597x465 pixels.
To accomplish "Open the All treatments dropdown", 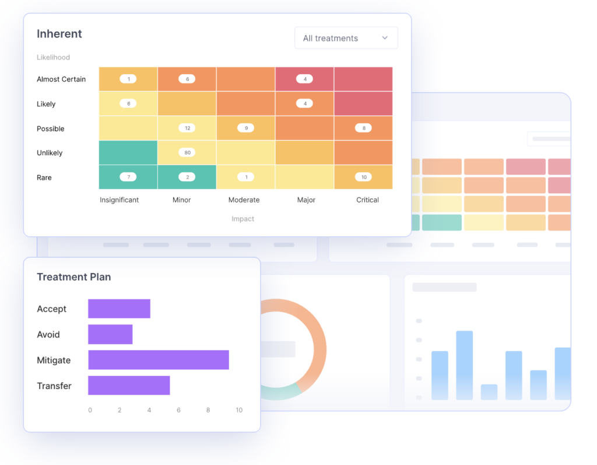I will point(346,38).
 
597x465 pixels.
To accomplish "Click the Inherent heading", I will point(59,34).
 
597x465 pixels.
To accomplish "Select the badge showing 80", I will point(187,153).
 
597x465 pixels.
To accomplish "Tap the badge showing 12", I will point(187,128).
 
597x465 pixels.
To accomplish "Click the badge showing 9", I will point(245,128).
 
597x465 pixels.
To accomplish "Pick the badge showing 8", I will point(363,128).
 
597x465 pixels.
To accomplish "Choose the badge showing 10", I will point(363,177).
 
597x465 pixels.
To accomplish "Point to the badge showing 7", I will point(128,177).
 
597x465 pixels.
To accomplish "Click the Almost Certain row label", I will point(61,79).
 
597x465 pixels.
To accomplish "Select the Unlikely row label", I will point(50,153).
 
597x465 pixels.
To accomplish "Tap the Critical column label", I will point(367,200).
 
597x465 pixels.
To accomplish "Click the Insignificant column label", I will point(119,200).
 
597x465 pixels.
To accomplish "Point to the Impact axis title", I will point(243,219).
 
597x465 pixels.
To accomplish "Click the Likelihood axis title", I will point(53,57).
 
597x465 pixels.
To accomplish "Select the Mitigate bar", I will point(158,360).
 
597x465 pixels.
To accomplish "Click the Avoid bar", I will point(110,334).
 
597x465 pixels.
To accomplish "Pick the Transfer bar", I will point(129,386).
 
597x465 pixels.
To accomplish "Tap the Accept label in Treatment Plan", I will point(52,309).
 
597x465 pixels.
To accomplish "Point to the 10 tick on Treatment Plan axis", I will point(239,410).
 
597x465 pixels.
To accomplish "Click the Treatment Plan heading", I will point(73,277).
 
